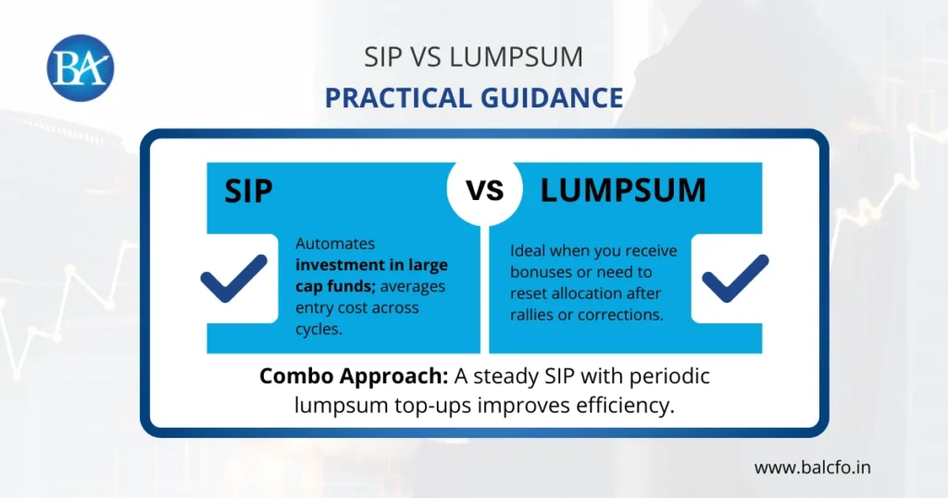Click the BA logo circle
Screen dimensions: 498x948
click(x=81, y=67)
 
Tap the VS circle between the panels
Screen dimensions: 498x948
click(x=484, y=190)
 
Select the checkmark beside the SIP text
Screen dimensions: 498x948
click(x=233, y=279)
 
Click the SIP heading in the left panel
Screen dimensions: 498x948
click(x=249, y=191)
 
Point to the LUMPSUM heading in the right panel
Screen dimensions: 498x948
click(x=623, y=190)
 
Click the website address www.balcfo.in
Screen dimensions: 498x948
click(x=812, y=467)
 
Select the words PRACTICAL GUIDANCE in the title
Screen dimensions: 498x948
click(x=473, y=97)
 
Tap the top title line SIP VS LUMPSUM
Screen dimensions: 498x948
click(x=473, y=56)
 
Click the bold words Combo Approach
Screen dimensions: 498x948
click(x=338, y=377)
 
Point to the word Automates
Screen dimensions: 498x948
click(x=335, y=243)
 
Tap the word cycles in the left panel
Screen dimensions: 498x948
click(x=318, y=329)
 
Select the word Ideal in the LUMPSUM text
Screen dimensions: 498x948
click(x=528, y=251)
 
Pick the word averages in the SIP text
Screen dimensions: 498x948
click(x=413, y=286)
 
